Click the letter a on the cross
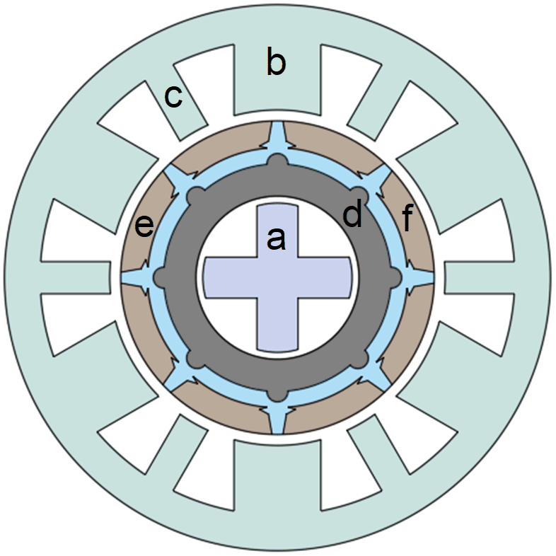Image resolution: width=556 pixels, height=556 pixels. [x=275, y=240]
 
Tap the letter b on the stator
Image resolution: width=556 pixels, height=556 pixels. [x=276, y=64]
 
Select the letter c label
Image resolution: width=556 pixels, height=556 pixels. [x=173, y=97]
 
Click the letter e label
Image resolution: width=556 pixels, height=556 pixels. [x=144, y=226]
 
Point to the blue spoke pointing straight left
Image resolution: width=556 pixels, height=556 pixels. [x=134, y=277]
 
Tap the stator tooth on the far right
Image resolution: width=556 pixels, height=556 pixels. [x=481, y=277]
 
